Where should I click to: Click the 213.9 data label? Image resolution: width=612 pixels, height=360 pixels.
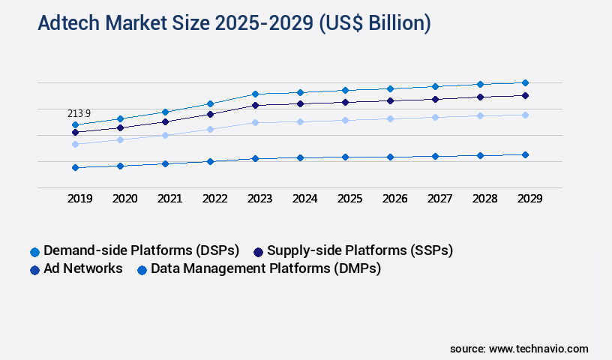79,113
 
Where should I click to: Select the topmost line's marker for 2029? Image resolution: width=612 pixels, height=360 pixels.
525,82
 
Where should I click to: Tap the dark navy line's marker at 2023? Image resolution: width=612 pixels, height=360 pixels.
255,105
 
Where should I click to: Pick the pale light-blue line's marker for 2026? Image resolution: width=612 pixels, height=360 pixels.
390,118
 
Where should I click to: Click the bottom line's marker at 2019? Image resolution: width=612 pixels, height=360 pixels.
75,167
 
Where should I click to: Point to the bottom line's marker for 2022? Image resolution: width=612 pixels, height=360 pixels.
210,161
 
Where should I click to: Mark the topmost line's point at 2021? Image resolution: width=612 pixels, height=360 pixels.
165,112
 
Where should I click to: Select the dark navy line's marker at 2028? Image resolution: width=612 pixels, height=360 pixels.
480,97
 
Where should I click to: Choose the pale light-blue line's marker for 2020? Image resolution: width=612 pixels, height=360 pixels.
120,139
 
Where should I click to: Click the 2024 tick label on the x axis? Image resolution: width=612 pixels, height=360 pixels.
304,199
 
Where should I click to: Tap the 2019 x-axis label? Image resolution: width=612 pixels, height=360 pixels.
80,199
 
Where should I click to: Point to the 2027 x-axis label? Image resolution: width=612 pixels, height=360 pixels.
439,199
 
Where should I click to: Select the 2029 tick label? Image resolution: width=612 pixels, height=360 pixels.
529,199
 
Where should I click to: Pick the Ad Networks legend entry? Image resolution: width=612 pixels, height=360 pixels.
82,268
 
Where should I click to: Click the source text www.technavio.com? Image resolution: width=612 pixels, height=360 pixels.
538,349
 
